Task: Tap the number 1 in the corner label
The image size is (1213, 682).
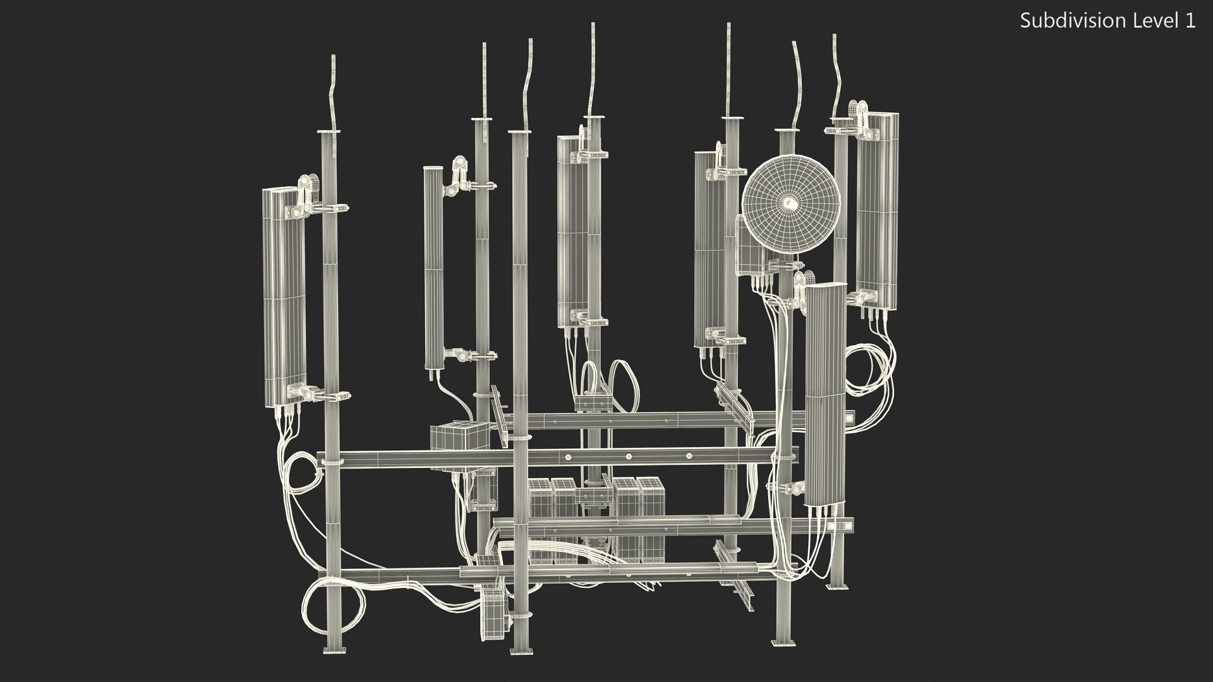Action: pyautogui.click(x=1190, y=21)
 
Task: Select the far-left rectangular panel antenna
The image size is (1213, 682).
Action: pyautogui.click(x=284, y=297)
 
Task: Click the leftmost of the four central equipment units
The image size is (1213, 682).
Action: pyautogui.click(x=539, y=518)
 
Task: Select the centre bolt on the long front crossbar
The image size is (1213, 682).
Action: pyautogui.click(x=629, y=457)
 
